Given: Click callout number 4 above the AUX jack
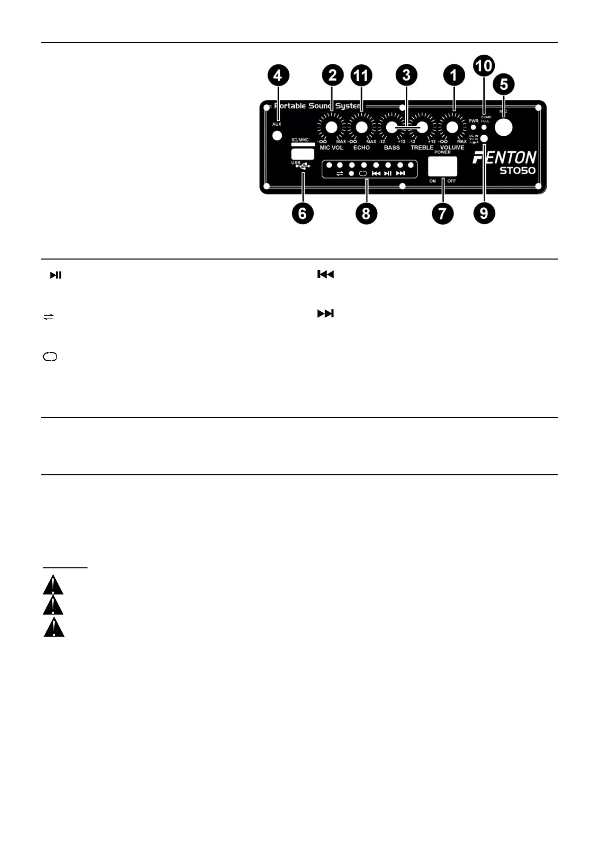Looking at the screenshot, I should pos(278,76).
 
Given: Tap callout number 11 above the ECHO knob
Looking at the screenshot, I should pos(361,76).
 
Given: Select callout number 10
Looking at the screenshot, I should pos(484,65).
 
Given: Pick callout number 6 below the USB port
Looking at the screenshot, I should pos(302,213).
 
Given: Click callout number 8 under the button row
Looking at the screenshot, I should pos(366,213).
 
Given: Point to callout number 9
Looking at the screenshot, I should pos(484,213).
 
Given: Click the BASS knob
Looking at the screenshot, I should pos(391,128).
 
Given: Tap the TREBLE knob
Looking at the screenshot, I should pos(421,128).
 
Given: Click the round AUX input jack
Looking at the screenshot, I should pos(276,136).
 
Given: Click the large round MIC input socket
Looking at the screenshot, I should pos(503,127).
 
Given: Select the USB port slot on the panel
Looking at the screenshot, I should pos(302,154).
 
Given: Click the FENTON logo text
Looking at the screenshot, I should pos(504,158).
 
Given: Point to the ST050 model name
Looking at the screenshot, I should pos(517,171).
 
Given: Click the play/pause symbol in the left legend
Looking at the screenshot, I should pos(55,275).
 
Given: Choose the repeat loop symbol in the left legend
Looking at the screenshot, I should pos(50,357).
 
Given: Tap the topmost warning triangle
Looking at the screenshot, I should pos(53,585).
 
